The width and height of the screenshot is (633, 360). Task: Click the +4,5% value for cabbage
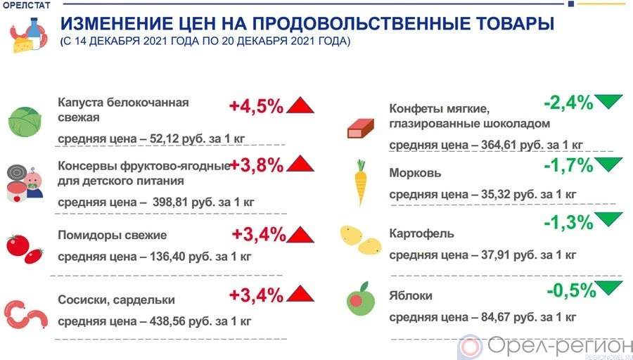point(256,106)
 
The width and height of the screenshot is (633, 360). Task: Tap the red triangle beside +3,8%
point(300,165)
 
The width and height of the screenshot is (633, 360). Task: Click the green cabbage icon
point(27,121)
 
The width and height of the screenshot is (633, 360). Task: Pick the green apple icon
point(360,298)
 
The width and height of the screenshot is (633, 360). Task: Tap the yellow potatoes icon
point(360,239)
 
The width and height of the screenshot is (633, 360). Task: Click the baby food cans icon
point(25,184)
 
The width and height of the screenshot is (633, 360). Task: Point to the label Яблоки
point(411,296)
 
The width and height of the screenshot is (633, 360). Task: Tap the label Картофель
point(422,233)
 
